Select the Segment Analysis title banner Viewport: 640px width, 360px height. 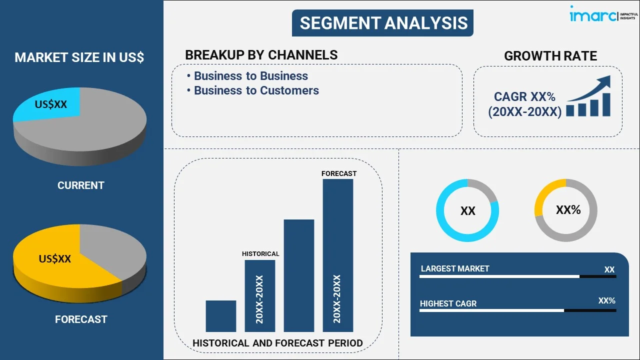pyautogui.click(x=383, y=23)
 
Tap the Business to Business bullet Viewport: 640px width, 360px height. pyautogui.click(x=250, y=76)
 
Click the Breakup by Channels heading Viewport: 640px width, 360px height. pyautogui.click(x=261, y=55)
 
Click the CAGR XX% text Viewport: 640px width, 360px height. pyautogui.click(x=524, y=96)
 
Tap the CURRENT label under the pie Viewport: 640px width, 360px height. pyautogui.click(x=80, y=185)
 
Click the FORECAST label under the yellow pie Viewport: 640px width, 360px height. pyautogui.click(x=81, y=319)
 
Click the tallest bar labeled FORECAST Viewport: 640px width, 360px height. pyautogui.click(x=338, y=255)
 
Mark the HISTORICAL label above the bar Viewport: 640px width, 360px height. pyautogui.click(x=260, y=254)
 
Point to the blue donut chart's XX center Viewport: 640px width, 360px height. pyautogui.click(x=467, y=211)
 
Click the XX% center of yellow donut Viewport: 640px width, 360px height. pyautogui.click(x=568, y=210)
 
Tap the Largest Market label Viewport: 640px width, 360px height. pyautogui.click(x=455, y=268)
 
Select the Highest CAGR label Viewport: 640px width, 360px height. pyautogui.click(x=448, y=303)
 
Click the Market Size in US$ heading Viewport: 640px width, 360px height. pyautogui.click(x=79, y=57)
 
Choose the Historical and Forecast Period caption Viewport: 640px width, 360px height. pyautogui.click(x=277, y=343)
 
